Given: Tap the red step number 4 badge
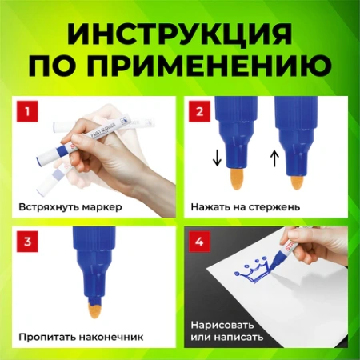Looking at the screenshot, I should pyautogui.click(x=197, y=240).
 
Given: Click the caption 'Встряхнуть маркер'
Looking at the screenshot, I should pyautogui.click(x=70, y=206).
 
